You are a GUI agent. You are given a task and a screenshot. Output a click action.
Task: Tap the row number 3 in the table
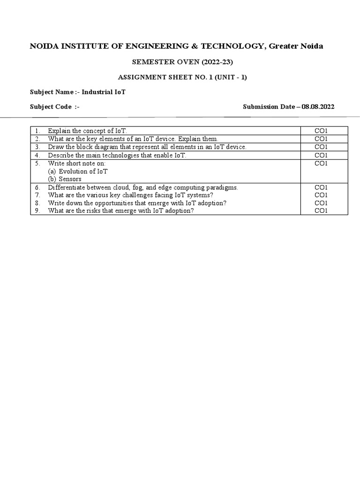tap(37, 147)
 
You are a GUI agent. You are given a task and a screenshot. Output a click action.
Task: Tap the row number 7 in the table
tap(37, 195)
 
